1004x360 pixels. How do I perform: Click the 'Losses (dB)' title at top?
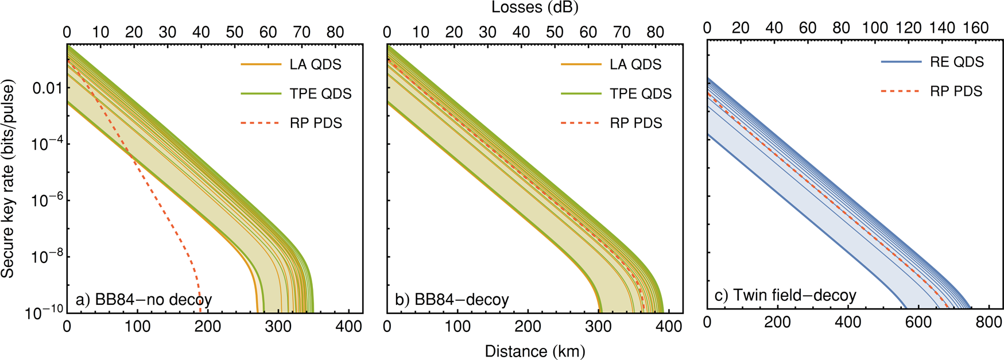coord(534,7)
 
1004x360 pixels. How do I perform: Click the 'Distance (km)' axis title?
coord(534,351)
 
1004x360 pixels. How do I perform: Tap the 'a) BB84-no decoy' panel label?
coord(144,300)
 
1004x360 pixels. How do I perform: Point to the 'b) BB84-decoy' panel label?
coord(452,300)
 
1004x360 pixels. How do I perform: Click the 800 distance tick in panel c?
coord(988,322)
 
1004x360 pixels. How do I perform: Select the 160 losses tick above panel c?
coord(975,28)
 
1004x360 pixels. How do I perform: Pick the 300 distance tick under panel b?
coord(598,326)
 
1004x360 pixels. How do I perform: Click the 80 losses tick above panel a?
coord(335,32)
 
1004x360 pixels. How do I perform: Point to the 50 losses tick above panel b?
coord(555,32)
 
